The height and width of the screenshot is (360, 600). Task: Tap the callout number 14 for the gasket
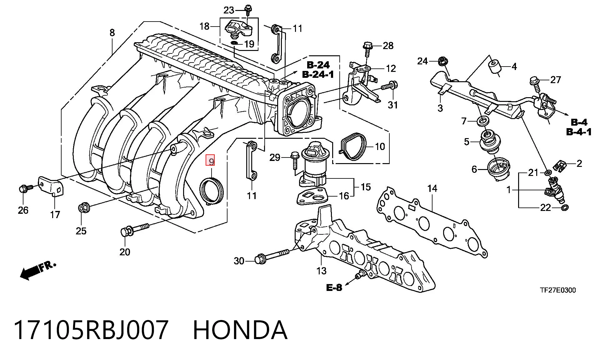click(432, 188)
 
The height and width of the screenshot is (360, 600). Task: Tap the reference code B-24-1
click(318, 74)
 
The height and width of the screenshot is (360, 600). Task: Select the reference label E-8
click(334, 287)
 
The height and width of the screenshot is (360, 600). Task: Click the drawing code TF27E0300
click(558, 290)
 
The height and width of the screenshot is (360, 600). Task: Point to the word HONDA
click(240, 330)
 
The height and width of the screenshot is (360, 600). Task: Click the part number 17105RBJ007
click(91, 330)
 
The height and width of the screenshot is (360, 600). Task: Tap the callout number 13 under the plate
click(321, 270)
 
